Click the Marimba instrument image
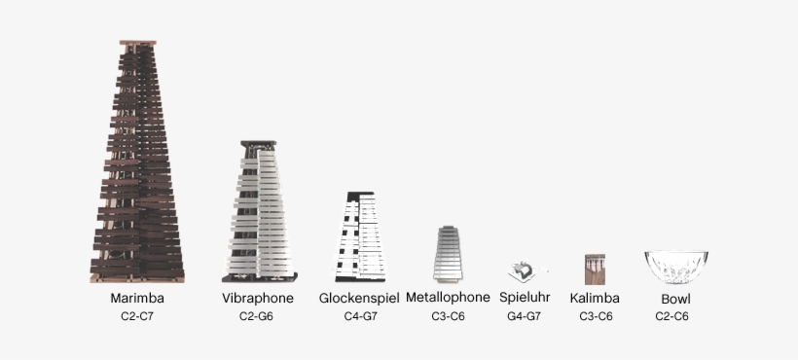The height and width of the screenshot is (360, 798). pos(137,165)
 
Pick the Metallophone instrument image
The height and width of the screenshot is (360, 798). pos(448,254)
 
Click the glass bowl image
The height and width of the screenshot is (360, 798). pos(674,267)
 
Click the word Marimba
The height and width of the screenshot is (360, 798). pos(136,298)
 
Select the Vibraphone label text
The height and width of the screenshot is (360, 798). pos(257,298)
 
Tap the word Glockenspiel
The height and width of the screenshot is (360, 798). pos(358,298)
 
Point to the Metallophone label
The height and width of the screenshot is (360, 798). pos(448,297)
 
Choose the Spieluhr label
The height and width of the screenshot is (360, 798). pos(525,298)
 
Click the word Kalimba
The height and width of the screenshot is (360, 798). pos(595,298)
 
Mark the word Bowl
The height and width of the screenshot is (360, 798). pos(675,299)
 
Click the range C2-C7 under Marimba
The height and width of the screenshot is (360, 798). pos(136,316)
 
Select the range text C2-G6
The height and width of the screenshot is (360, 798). pos(257,316)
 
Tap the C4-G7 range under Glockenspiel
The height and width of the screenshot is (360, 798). pos(358,316)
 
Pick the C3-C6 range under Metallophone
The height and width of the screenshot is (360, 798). pos(448,316)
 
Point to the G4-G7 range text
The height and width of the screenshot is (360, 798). pos(524,316)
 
